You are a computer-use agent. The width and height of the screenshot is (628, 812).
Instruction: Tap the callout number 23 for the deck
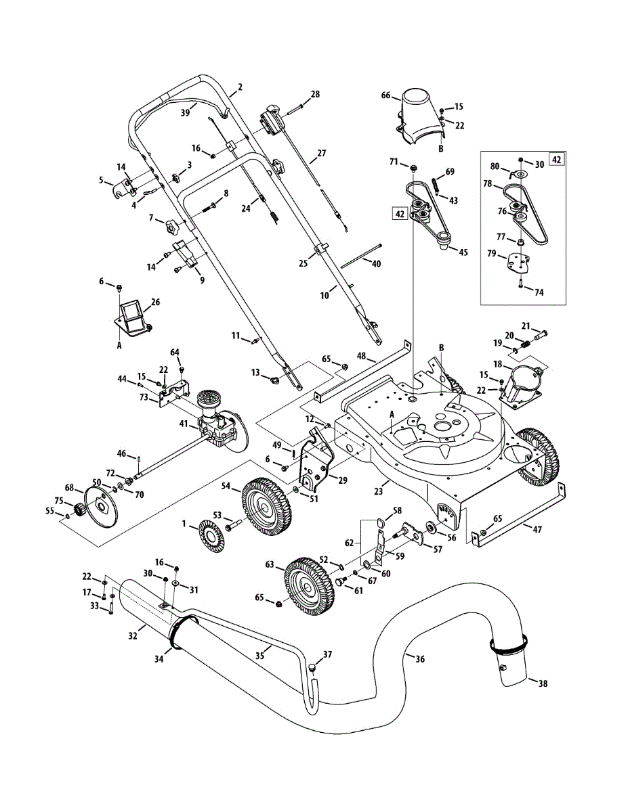pyautogui.click(x=379, y=491)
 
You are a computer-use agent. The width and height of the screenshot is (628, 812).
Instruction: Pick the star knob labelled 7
pyautogui.click(x=172, y=226)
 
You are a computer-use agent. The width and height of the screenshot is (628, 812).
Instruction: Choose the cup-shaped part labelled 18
pyautogui.click(x=522, y=388)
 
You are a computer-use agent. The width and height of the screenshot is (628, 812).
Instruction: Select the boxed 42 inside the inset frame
pyautogui.click(x=556, y=160)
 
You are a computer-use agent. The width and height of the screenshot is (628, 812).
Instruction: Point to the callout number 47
pyautogui.click(x=537, y=529)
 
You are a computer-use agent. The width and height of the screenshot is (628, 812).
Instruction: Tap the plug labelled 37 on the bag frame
pyautogui.click(x=313, y=667)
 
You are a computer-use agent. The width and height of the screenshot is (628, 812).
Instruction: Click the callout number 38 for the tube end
pyautogui.click(x=543, y=684)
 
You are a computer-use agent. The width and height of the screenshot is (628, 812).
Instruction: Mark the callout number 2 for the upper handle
pyautogui.click(x=240, y=87)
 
